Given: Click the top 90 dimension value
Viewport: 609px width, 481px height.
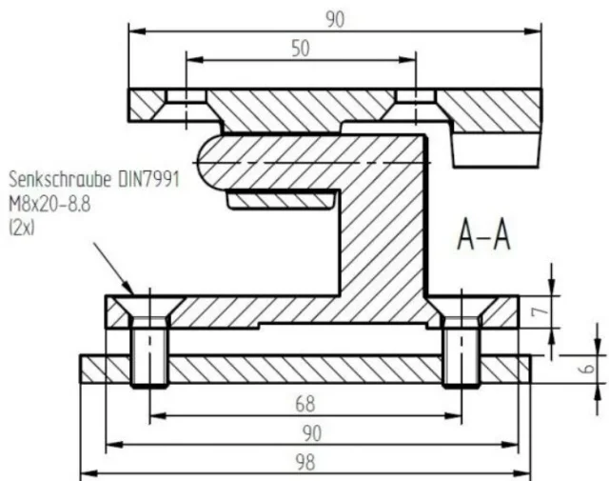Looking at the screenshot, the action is coord(335,19).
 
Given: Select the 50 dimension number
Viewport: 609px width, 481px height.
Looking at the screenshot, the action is coord(301,49).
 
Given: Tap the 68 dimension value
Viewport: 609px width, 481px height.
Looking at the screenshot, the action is coord(305,404).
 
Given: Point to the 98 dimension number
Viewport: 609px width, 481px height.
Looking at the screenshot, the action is coord(305,463).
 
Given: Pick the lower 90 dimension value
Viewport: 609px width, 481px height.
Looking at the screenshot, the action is coord(312,433).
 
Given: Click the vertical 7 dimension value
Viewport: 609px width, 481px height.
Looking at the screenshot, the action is coord(540,311).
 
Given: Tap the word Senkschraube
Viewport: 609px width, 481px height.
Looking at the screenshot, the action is coord(61,180).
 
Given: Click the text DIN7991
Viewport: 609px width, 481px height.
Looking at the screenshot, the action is coord(149,180).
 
